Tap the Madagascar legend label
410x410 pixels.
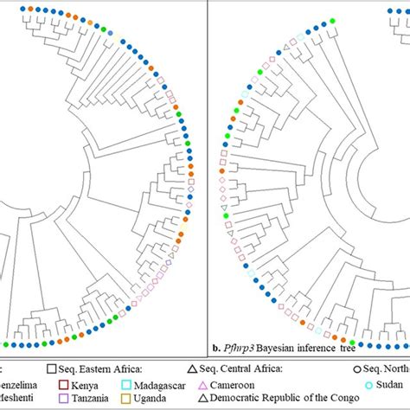click(x=172, y=381)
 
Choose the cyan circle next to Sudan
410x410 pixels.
click(x=368, y=381)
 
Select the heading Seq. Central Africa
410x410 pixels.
click(x=259, y=366)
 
